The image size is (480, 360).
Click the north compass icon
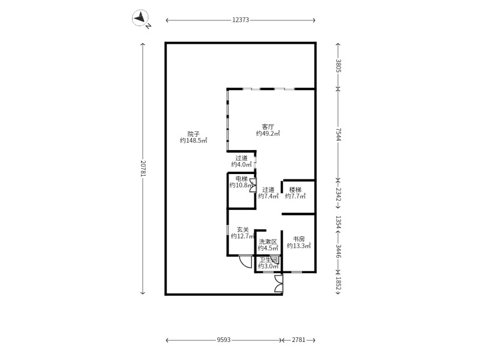(140, 17)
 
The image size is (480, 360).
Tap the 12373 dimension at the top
(241, 20)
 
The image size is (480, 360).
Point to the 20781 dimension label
(143, 168)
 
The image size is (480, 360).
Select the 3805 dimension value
(338, 65)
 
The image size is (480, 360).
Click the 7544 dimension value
(338, 134)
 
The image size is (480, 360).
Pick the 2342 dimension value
(338, 194)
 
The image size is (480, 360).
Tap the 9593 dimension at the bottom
(223, 340)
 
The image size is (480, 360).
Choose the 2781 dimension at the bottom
(298, 340)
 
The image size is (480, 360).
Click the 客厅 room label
(268, 127)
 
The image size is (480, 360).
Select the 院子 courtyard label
(193, 134)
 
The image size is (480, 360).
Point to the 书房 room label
(299, 239)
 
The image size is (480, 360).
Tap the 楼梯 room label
(295, 190)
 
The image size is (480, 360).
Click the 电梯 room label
(242, 179)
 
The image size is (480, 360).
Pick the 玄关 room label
(243, 230)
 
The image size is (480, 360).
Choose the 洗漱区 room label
(268, 242)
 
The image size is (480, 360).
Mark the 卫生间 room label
(269, 260)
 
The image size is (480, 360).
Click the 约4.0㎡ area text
(242, 164)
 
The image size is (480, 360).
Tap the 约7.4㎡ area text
(268, 196)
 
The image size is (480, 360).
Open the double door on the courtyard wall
(278, 284)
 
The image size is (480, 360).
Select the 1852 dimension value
(338, 283)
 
